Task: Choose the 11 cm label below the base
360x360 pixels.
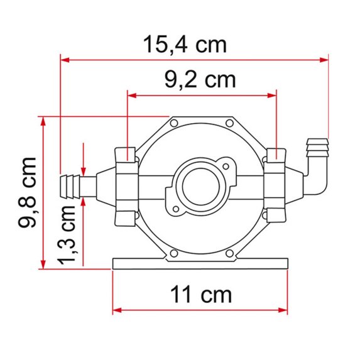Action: tap(202, 293)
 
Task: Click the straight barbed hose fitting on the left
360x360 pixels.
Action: tap(76, 186)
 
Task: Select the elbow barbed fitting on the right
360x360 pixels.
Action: tap(315, 165)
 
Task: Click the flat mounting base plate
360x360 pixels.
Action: tap(201, 263)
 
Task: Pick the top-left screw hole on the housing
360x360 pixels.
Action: tap(175, 123)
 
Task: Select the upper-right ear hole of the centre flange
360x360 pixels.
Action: tap(224, 166)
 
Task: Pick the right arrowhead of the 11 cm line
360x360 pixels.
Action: tap(286, 310)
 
